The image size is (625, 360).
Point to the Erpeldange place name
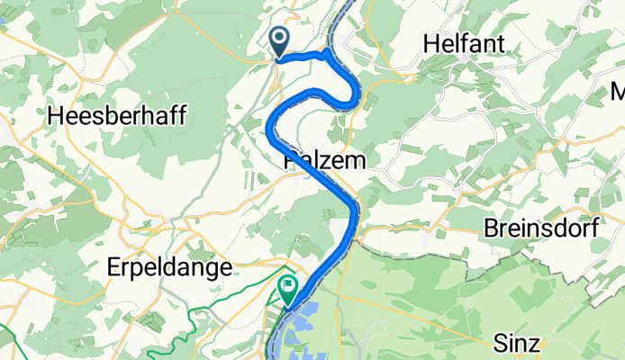[169, 267]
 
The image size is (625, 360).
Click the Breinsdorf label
[541, 228]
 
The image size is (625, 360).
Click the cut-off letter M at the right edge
[619, 91]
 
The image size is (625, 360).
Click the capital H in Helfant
[429, 43]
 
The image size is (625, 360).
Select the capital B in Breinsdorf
[491, 228]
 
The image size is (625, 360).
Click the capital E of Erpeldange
[113, 267]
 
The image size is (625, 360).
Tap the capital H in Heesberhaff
[53, 116]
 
